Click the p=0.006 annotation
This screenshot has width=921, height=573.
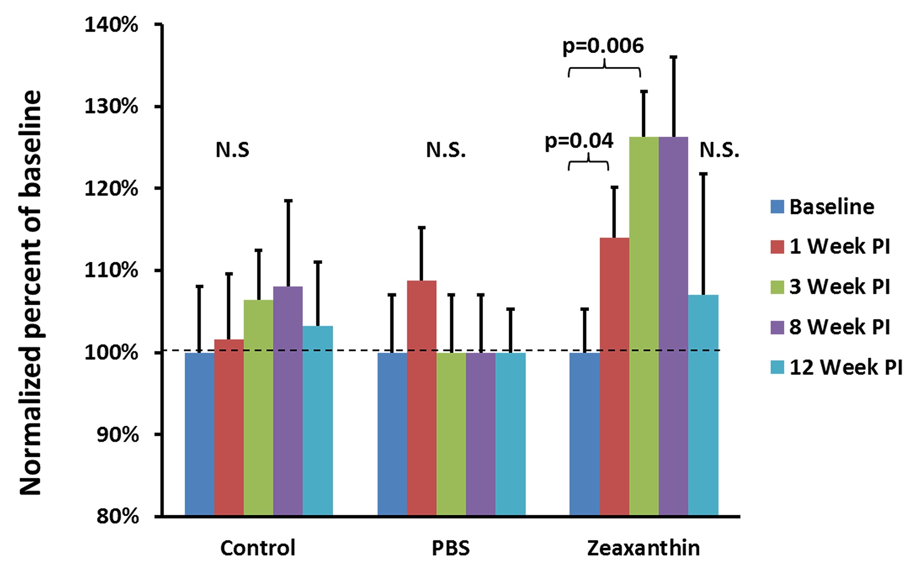coord(603,46)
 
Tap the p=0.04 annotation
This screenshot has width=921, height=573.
coord(579,141)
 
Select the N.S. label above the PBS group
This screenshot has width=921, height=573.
coord(446,150)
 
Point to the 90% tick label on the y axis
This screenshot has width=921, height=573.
coord(118,434)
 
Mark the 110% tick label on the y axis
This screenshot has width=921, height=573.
coord(112,270)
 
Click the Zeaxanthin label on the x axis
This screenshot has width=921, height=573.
coord(643,548)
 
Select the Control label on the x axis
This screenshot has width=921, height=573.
coord(258,548)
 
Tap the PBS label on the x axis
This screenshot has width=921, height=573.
coord(450,548)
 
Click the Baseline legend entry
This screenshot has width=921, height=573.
coord(831,207)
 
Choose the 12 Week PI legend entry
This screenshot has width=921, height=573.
coord(846,367)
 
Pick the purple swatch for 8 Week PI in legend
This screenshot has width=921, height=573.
coord(777,327)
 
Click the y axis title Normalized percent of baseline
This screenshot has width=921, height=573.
coord(31,292)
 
